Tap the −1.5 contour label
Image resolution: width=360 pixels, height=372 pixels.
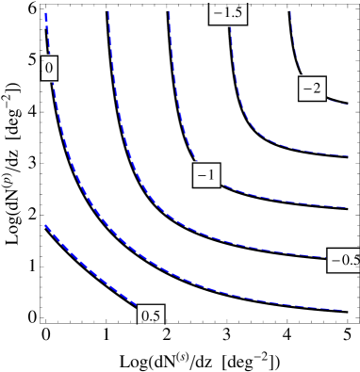(227, 12)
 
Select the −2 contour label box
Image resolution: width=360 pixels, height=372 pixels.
(311, 89)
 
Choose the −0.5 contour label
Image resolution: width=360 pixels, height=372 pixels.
(343, 260)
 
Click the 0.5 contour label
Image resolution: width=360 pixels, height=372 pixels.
(150, 315)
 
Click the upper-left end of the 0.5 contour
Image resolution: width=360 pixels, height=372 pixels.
(45, 226)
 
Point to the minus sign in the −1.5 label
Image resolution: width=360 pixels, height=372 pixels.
(217, 13)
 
